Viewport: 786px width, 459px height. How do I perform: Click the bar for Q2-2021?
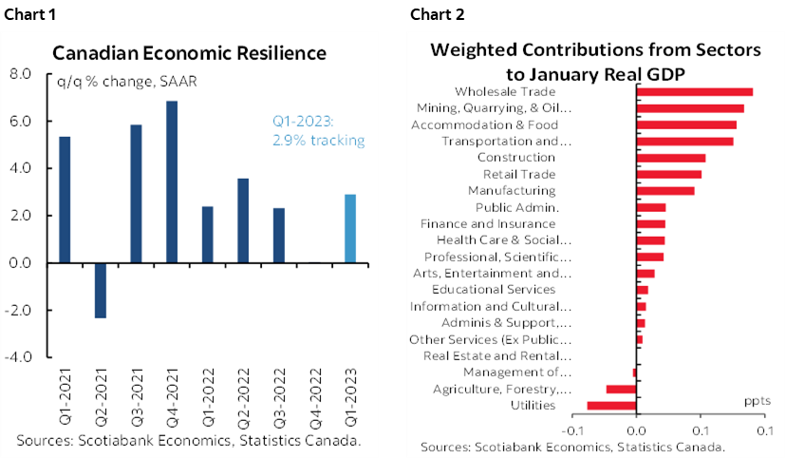tap(100, 290)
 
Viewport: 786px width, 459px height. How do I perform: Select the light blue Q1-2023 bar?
tap(349, 228)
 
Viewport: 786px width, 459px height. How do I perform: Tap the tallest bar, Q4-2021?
tap(172, 182)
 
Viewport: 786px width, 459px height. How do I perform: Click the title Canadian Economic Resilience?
tap(189, 52)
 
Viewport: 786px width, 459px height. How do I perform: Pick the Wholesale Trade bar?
tap(694, 92)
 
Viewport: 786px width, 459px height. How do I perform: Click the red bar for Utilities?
tap(611, 406)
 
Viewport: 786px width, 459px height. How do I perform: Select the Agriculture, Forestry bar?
tap(621, 389)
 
